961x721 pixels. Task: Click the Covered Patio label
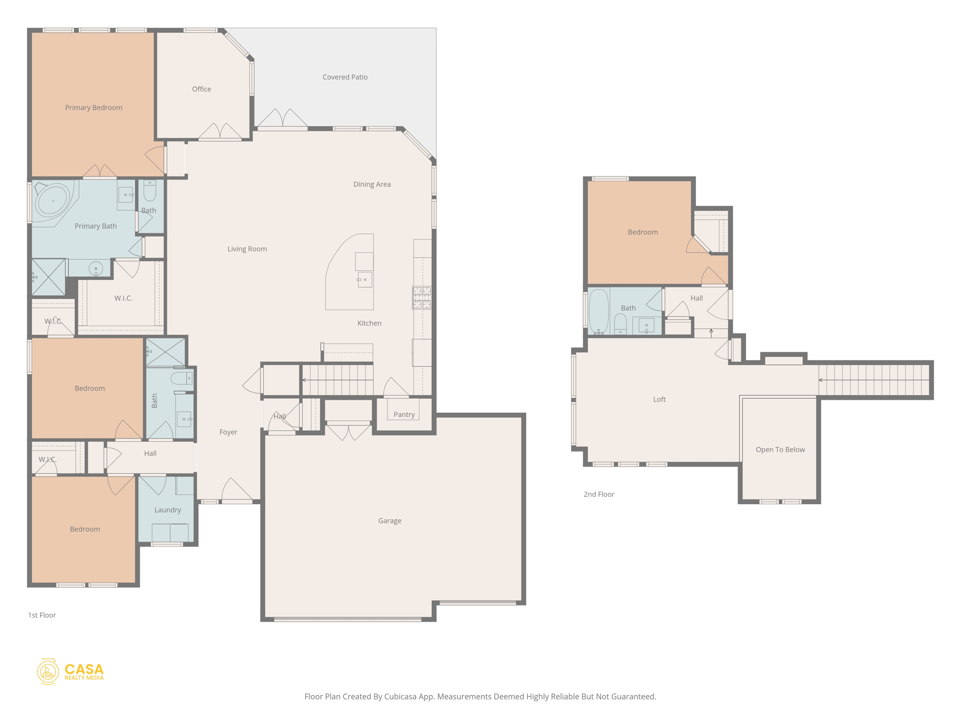pyautogui.click(x=345, y=77)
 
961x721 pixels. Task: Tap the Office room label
pyautogui.click(x=201, y=89)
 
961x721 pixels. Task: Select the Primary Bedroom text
pyautogui.click(x=93, y=107)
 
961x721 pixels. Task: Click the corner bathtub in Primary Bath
pyautogui.click(x=53, y=201)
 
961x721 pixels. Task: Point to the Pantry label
pyautogui.click(x=404, y=414)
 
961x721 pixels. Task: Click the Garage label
pyautogui.click(x=389, y=521)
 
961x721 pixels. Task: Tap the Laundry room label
pyautogui.click(x=168, y=510)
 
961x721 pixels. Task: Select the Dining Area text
pyautogui.click(x=372, y=184)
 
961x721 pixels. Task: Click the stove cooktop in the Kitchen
pyautogui.click(x=422, y=298)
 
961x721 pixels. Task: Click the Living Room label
pyautogui.click(x=247, y=249)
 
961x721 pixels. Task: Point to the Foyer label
pyautogui.click(x=228, y=432)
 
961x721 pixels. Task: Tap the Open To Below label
pyautogui.click(x=780, y=449)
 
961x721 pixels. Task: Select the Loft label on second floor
pyautogui.click(x=659, y=399)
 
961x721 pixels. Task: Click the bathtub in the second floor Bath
pyautogui.click(x=599, y=311)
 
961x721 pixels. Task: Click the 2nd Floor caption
pyautogui.click(x=598, y=494)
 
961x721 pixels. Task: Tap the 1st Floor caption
pyautogui.click(x=42, y=615)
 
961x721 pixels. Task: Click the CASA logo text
pyautogui.click(x=84, y=669)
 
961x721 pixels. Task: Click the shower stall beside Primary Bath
pyautogui.click(x=48, y=277)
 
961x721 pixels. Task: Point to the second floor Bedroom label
pyautogui.click(x=642, y=232)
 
